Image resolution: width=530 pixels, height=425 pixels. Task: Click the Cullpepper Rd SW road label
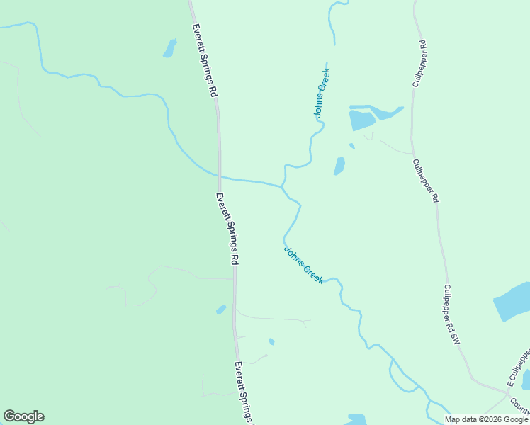452,315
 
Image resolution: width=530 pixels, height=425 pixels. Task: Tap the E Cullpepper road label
518,367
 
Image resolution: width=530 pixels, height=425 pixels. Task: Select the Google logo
23,416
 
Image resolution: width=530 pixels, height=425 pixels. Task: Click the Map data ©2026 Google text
486,419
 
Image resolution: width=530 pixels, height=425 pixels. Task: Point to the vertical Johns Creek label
322,93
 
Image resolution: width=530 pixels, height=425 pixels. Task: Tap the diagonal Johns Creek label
304,265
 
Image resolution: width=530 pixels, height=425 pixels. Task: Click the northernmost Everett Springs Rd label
205,61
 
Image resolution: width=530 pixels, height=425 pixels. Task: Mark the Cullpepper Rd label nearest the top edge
419,64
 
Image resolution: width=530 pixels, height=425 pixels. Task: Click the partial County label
519,405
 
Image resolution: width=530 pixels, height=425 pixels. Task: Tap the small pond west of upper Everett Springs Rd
170,47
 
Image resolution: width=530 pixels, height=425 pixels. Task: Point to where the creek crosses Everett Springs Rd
220,176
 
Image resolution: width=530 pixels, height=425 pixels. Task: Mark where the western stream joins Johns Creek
282,186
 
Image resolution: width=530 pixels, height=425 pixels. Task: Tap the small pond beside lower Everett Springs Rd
221,310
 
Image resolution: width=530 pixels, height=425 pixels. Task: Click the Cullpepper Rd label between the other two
426,181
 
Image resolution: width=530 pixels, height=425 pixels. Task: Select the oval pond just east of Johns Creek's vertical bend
339,166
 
